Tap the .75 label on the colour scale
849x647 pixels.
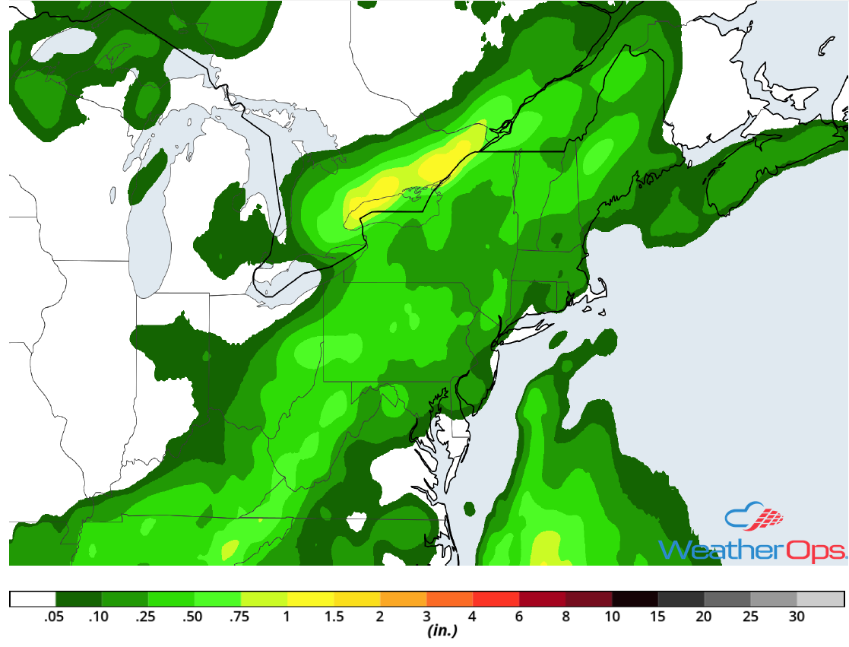[240, 617]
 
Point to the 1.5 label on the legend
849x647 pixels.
[333, 617]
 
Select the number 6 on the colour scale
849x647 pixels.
[519, 617]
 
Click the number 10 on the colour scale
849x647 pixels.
[612, 617]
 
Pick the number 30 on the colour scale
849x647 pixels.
[797, 617]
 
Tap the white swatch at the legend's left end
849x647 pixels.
[33, 599]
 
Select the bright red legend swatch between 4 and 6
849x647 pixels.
[496, 599]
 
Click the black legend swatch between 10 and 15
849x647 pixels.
[635, 599]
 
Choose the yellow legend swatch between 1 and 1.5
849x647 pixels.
[310, 599]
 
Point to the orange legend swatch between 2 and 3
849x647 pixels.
[403, 599]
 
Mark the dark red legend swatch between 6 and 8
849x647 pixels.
[542, 599]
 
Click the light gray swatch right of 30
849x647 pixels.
[820, 599]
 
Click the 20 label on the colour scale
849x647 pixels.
[705, 617]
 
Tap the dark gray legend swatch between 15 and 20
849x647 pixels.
[681, 599]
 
